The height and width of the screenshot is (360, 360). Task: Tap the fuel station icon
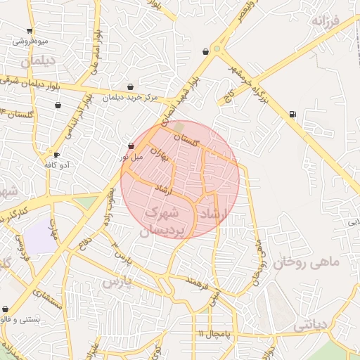[x=292, y=113]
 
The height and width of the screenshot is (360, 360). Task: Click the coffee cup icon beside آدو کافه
[x=56, y=155]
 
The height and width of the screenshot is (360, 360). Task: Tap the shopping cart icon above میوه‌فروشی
[x=29, y=30]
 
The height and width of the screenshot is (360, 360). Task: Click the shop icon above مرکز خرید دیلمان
[x=130, y=87]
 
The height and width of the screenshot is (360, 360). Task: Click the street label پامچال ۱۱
[x=211, y=332]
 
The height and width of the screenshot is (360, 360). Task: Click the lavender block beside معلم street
[x=42, y=237]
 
